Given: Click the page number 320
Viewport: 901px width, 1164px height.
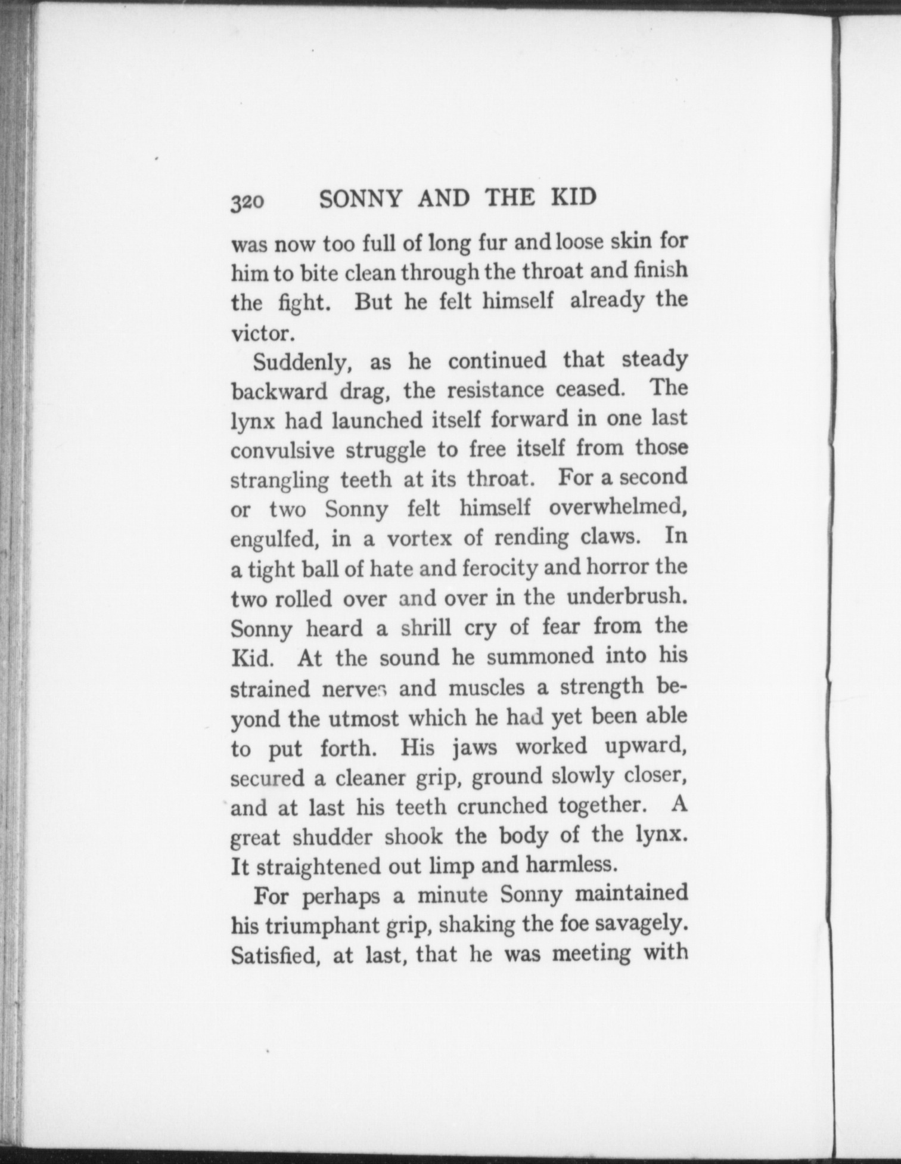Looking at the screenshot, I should (247, 203).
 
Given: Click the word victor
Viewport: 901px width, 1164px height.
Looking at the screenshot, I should (263, 333).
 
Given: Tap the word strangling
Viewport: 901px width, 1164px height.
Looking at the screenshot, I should (279, 481).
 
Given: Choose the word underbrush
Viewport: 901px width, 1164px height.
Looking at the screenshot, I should (627, 597).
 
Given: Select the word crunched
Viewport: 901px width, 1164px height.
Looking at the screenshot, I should (496, 806).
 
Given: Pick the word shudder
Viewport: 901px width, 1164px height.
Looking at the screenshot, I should (334, 837).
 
